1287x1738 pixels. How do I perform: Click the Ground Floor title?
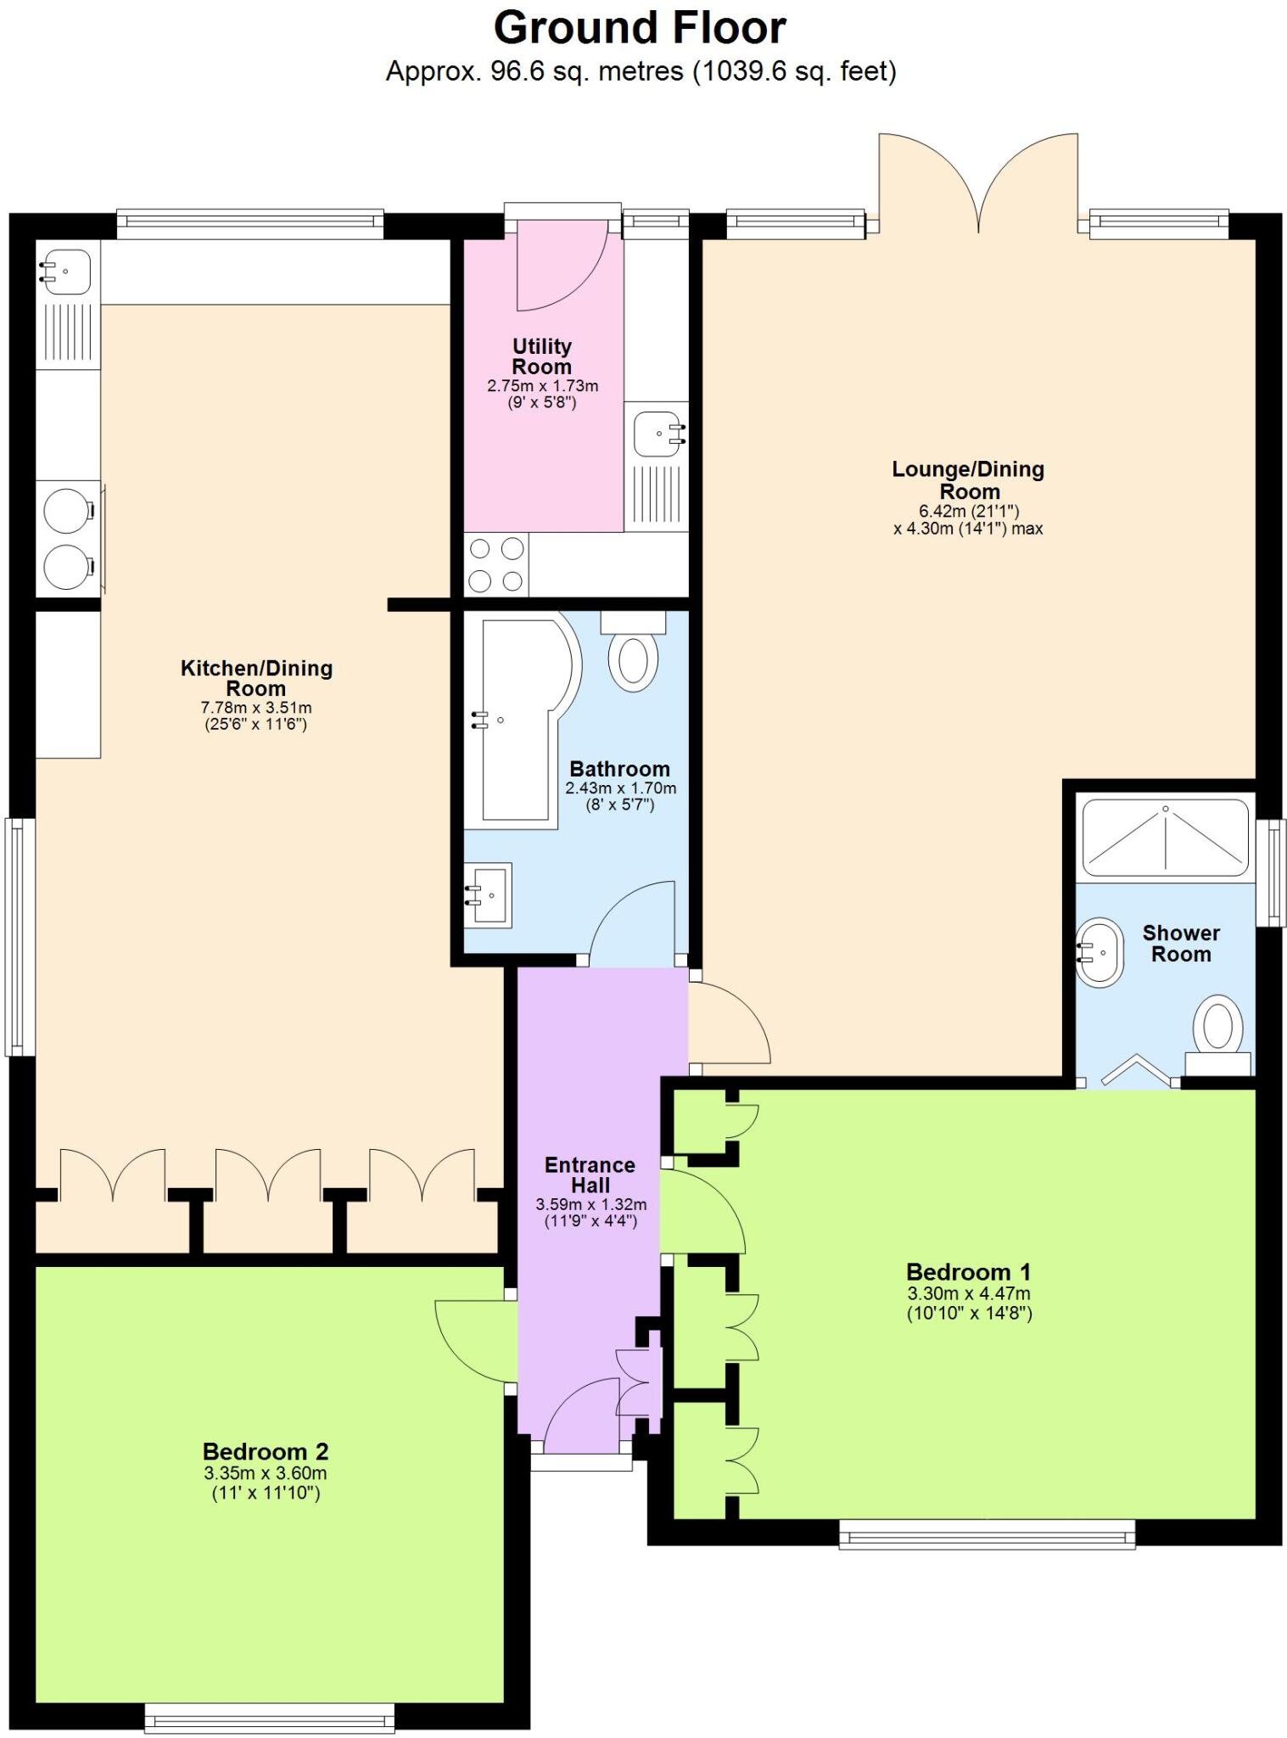pos(640,28)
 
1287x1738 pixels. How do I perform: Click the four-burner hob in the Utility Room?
pos(496,564)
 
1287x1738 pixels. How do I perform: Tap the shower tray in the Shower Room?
pos(1166,837)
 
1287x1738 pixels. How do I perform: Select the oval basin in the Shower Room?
pos(1100,951)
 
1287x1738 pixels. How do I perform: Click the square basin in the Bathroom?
pos(490,894)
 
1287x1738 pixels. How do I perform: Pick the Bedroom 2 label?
pos(265,1451)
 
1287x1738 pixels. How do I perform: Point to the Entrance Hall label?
pos(590,1175)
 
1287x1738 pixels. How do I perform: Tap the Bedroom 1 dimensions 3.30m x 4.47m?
pos(969,1293)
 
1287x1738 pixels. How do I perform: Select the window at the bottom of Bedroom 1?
pos(986,1534)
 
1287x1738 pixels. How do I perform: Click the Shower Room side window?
pos(1271,872)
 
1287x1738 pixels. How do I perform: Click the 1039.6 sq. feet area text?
pos(795,71)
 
